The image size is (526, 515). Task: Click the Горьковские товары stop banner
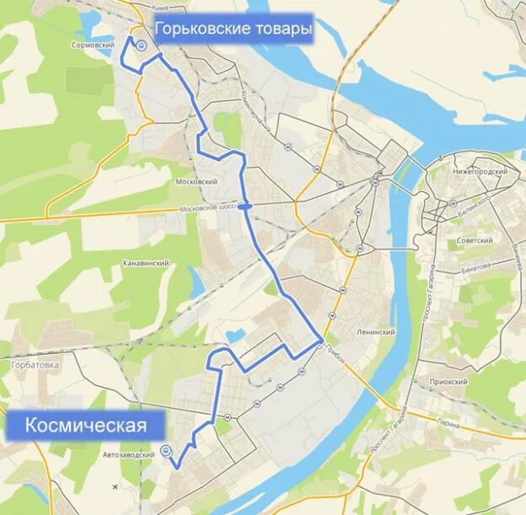[x=233, y=31]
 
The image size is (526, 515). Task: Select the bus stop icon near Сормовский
[x=142, y=47]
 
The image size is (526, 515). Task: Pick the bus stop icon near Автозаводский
[x=165, y=450]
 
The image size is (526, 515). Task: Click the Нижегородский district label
[x=480, y=171]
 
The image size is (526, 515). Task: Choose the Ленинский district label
[x=376, y=332]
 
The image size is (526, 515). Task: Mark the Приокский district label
[x=448, y=382]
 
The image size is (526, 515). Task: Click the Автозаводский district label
[x=127, y=455]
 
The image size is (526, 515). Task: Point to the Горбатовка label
[x=34, y=365]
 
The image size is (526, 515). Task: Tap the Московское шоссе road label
[x=207, y=207]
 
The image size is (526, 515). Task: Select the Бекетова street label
[x=476, y=268]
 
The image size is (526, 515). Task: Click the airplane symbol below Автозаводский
[x=115, y=486]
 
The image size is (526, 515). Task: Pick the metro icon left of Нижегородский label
[x=433, y=173]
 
